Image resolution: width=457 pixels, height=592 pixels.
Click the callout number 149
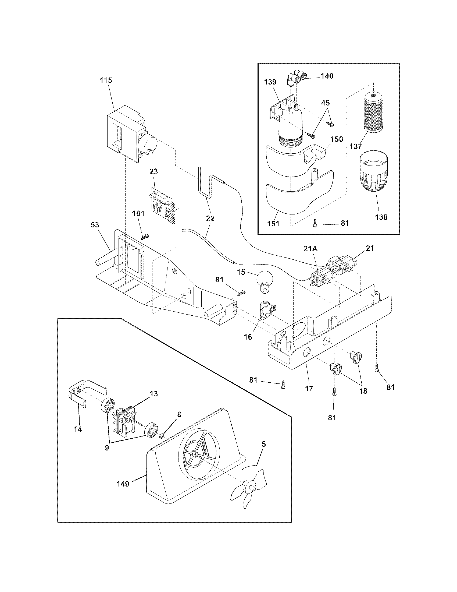coord(123,484)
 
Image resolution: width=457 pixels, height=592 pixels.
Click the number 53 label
coord(95,225)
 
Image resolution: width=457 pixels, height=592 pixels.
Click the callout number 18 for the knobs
coord(363,391)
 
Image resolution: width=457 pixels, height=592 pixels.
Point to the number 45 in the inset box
coord(326,103)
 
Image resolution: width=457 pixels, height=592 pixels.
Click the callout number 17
coord(309,388)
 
